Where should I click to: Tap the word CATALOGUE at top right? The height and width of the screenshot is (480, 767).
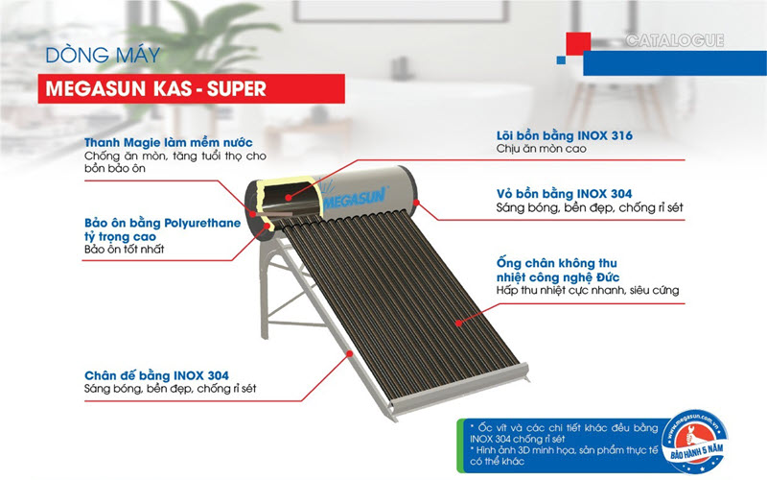coord(674,41)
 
